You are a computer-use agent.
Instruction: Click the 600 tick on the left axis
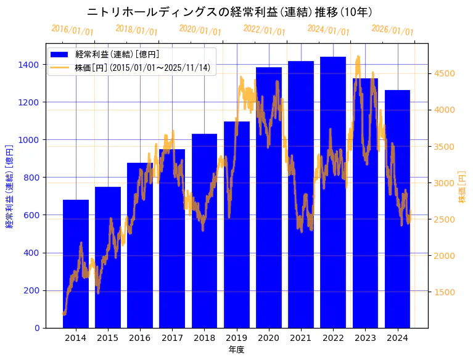[33, 215]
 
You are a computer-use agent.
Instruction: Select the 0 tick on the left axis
[37, 328]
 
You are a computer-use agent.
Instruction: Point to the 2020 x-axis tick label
[268, 338]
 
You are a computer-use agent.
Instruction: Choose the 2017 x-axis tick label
[172, 338]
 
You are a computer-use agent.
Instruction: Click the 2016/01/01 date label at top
[72, 30]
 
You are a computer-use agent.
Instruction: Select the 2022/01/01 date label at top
[264, 30]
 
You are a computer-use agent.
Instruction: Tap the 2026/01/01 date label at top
[392, 30]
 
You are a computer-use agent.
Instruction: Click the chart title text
[229, 12]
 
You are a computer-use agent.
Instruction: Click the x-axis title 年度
[236, 350]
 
